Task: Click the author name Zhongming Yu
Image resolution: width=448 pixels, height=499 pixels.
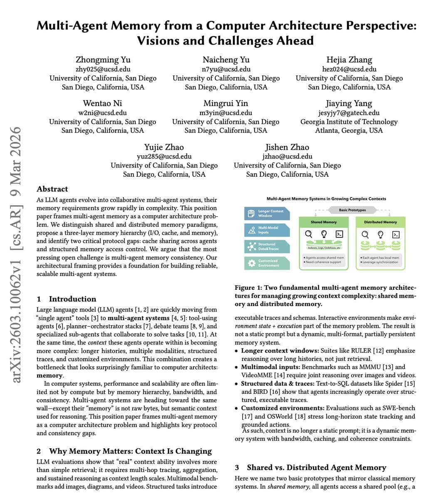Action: tap(103, 59)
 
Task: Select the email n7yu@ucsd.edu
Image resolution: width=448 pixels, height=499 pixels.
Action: tap(226, 69)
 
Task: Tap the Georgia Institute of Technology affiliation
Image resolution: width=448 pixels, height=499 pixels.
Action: tap(349, 121)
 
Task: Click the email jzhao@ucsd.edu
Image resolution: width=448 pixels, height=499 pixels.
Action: tap(287, 156)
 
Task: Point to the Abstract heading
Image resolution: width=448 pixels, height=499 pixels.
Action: tap(52, 189)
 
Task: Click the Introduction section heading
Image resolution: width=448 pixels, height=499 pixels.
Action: tap(72, 299)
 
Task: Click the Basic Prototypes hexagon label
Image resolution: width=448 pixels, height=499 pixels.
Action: tap(352, 210)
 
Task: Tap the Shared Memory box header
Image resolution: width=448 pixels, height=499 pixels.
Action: tap(324, 222)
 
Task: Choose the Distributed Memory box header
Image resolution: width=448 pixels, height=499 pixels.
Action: tap(380, 222)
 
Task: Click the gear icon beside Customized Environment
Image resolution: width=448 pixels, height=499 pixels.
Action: tap(251, 263)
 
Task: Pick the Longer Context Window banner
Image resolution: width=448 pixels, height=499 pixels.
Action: tap(267, 213)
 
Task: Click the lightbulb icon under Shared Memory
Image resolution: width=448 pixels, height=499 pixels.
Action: tap(324, 234)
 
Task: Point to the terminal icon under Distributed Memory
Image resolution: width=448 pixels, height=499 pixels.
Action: tap(396, 235)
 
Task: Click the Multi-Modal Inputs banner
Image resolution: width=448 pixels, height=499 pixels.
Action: tap(267, 230)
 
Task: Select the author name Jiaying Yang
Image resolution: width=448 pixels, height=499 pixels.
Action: tap(349, 103)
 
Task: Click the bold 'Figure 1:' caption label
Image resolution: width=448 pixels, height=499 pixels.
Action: tap(248, 287)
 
